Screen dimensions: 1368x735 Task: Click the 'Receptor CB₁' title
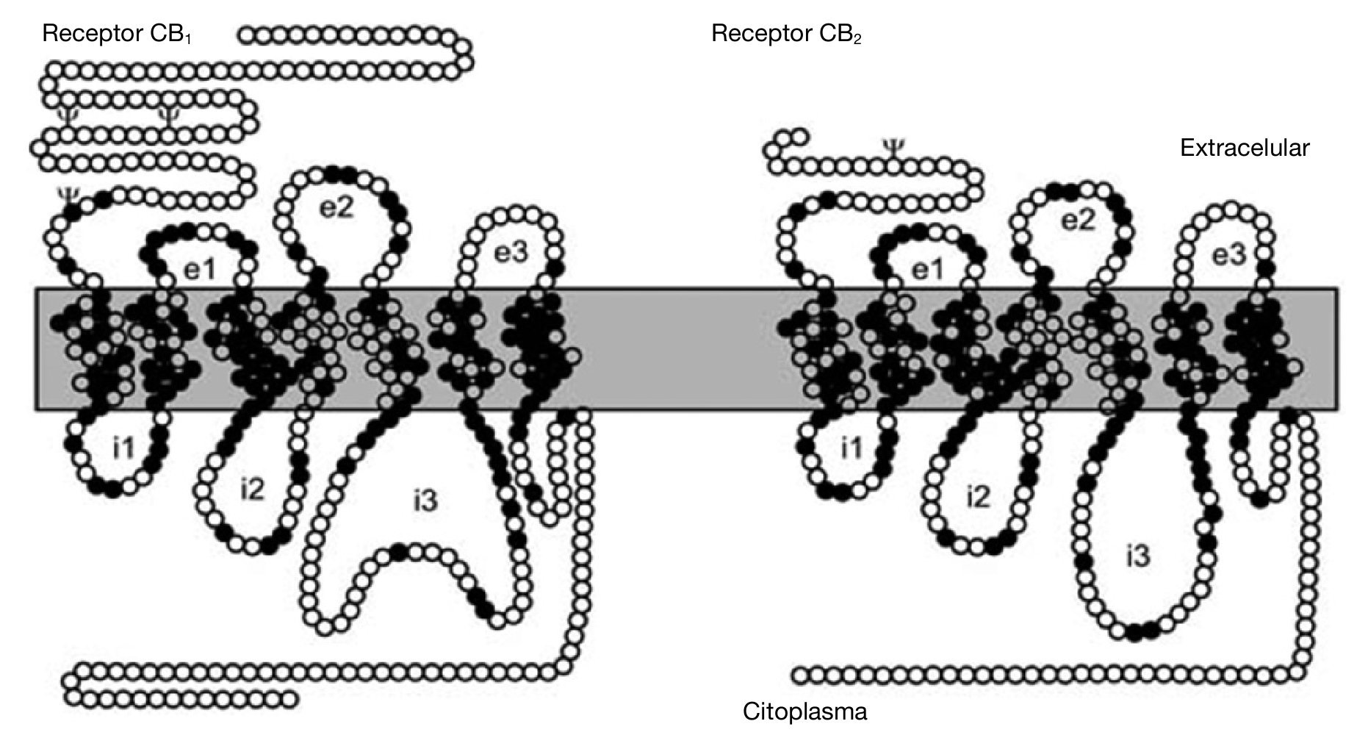tap(117, 35)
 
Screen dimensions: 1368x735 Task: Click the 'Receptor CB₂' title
tap(785, 35)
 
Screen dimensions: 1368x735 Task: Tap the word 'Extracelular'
tap(1244, 148)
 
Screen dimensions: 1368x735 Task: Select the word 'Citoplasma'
tap(805, 711)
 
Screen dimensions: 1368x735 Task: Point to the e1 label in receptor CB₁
tap(200, 270)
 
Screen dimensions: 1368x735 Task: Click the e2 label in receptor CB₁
tap(337, 209)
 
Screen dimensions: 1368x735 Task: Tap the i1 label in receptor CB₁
tap(123, 448)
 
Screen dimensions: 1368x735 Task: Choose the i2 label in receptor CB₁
tap(251, 488)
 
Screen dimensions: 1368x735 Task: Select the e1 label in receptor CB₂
tap(927, 270)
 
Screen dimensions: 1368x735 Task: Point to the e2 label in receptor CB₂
tap(1079, 220)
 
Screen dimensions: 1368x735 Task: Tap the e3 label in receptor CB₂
tap(1229, 256)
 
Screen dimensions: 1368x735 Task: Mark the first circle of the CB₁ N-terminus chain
tap(247, 35)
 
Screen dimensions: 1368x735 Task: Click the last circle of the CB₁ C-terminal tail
tap(292, 698)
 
